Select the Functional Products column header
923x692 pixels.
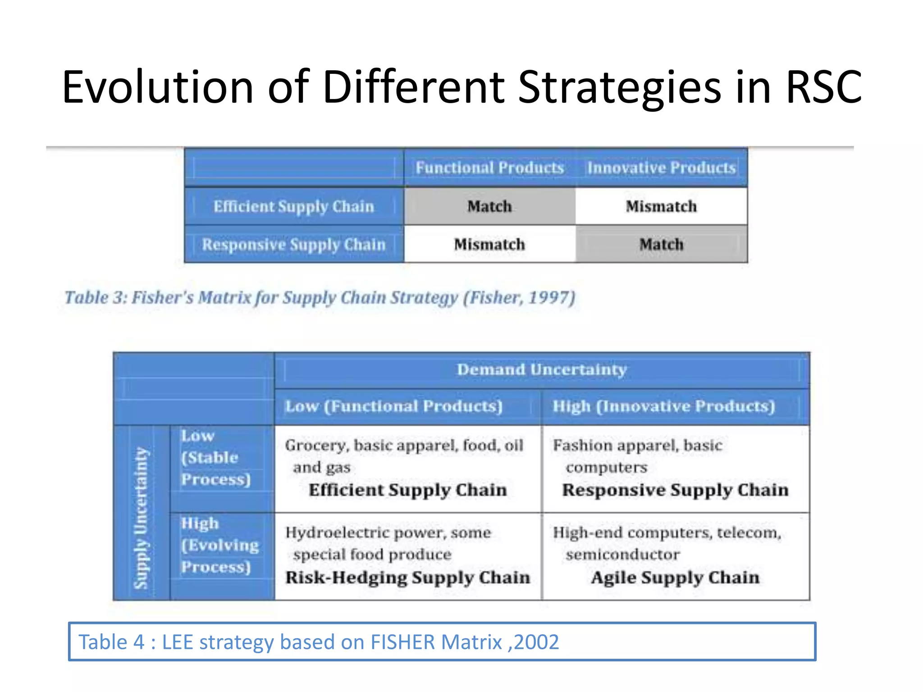[x=489, y=168]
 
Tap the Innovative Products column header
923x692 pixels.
[x=661, y=168]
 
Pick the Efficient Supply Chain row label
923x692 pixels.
[x=294, y=206]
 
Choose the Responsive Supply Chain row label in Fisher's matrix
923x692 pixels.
[x=294, y=245]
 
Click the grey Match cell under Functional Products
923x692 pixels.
[x=489, y=206]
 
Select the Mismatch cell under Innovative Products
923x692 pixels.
[x=661, y=206]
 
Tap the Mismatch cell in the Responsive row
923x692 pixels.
[x=489, y=245]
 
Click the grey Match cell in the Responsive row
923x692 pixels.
[x=661, y=245]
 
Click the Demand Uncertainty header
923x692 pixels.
[x=542, y=370]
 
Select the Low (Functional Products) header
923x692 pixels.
[x=394, y=406]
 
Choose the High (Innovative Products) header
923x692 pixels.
[x=664, y=406]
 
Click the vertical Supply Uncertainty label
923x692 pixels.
[x=141, y=518]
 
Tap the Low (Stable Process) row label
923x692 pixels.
[x=215, y=458]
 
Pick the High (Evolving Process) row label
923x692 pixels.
[x=219, y=545]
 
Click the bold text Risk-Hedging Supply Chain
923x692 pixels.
[x=408, y=578]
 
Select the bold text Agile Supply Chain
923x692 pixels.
[x=675, y=578]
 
